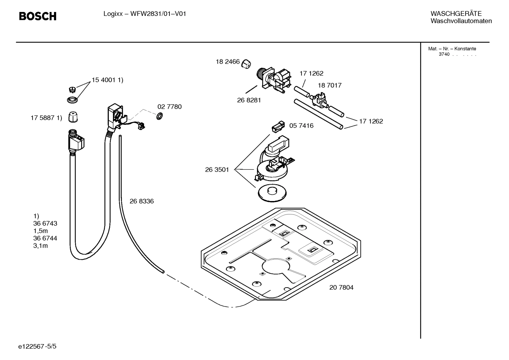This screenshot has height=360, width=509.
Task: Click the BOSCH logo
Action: (x=37, y=16)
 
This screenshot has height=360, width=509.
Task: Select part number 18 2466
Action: (x=228, y=62)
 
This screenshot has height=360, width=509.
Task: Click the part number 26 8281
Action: (x=249, y=100)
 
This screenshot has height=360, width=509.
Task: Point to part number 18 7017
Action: (x=329, y=85)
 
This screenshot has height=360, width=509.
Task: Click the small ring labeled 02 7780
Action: (x=159, y=116)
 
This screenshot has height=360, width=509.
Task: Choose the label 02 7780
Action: (x=169, y=107)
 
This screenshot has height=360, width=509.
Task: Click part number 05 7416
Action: (x=301, y=126)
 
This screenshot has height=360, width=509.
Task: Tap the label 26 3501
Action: (x=217, y=170)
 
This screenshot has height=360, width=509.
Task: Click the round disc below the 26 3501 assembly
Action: (x=272, y=193)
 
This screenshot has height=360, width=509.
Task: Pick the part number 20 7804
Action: (x=341, y=288)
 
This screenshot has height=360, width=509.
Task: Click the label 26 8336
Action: (x=142, y=201)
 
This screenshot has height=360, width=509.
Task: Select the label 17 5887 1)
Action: (x=46, y=118)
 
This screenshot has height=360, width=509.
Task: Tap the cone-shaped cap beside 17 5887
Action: (x=73, y=117)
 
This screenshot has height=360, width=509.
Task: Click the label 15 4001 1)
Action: (x=107, y=80)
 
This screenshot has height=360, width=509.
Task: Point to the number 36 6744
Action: (x=45, y=238)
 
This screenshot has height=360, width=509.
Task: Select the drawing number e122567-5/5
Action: (x=37, y=347)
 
